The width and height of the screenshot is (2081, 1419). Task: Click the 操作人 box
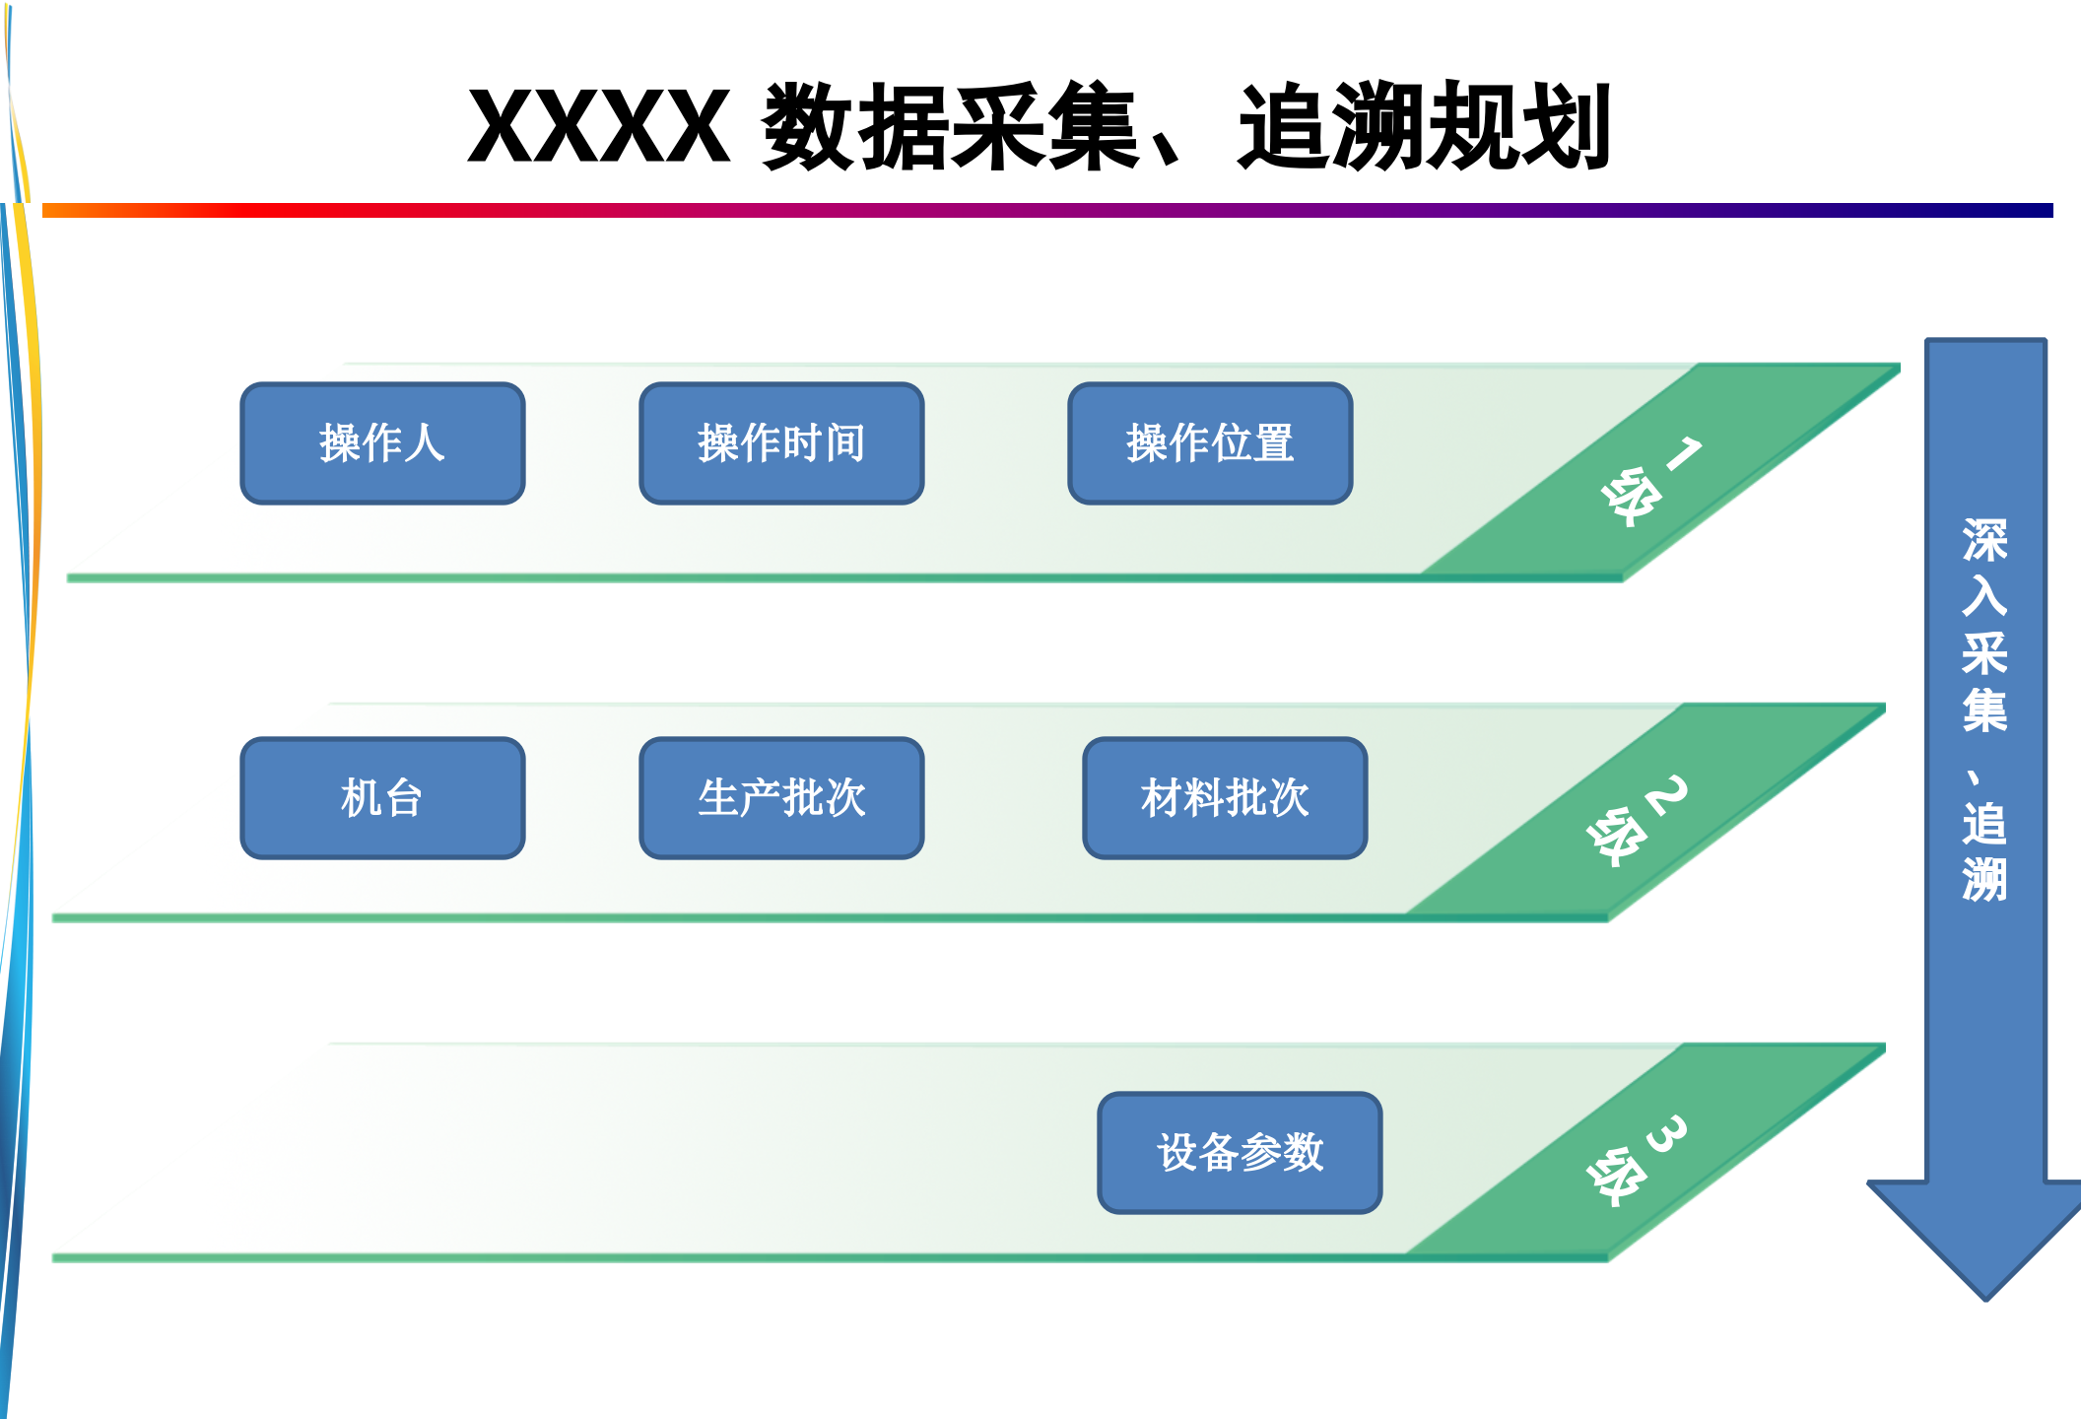(382, 443)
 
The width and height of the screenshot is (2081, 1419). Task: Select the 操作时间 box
(781, 443)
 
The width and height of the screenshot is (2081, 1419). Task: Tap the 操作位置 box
(1210, 443)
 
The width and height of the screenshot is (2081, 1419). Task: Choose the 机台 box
(382, 798)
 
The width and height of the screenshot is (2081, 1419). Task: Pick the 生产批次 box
(781, 798)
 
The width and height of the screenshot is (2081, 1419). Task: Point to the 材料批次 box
(1225, 798)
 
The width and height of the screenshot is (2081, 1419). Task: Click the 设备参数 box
(1240, 1153)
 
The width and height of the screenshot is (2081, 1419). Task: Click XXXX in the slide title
(598, 127)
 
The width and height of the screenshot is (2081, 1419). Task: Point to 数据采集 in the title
(951, 127)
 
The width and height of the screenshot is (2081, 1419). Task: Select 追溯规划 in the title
(1424, 127)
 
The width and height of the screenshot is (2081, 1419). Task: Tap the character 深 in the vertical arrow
(1984, 541)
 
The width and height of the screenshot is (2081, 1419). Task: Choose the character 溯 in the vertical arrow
(1984, 879)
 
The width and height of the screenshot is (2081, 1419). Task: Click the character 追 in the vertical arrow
(1984, 824)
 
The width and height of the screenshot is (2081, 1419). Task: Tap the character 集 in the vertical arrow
(1984, 710)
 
